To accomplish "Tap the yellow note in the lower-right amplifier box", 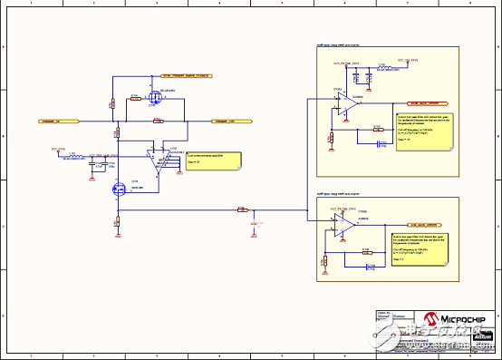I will click(420, 244).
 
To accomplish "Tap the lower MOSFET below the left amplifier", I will click(117, 190).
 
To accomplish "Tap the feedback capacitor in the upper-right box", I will click(378, 141).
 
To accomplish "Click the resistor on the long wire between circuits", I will click(241, 209).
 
